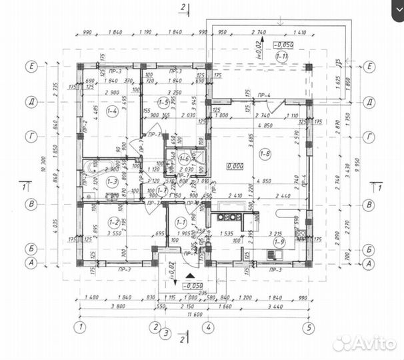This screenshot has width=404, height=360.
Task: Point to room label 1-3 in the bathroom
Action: pyautogui.click(x=113, y=180)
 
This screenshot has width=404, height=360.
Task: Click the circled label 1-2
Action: pyautogui.click(x=113, y=223)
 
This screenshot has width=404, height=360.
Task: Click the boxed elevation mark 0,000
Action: pyautogui.click(x=234, y=166)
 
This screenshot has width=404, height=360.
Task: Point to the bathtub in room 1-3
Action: pyautogui.click(x=93, y=166)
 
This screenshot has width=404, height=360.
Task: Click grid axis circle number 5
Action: pyautogui.click(x=307, y=327)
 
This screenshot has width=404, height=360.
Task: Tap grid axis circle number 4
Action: pyautogui.click(x=208, y=327)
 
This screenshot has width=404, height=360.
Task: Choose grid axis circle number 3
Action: pyautogui.click(x=167, y=332)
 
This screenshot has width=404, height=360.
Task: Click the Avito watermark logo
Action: pyautogui.click(x=363, y=343)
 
